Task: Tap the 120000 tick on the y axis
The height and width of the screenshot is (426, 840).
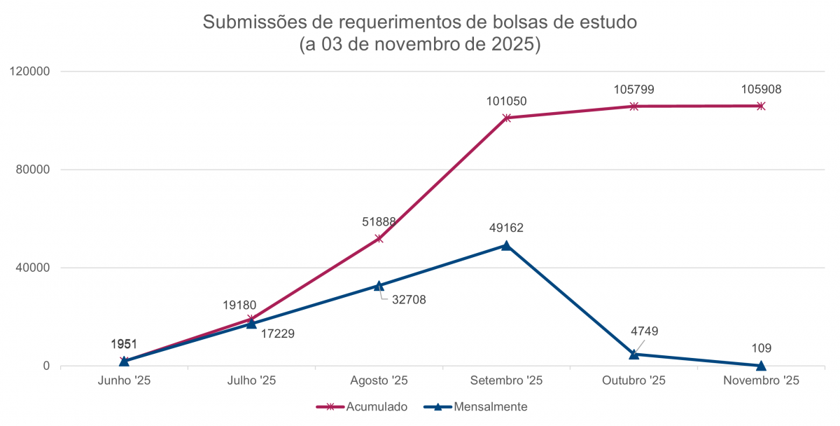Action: click(x=29, y=71)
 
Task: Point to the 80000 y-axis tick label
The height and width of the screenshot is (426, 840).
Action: click(x=32, y=170)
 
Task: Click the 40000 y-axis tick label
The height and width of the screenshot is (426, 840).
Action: click(x=32, y=268)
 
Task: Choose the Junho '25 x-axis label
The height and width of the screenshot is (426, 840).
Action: click(x=124, y=380)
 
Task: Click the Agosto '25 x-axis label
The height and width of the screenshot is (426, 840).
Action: click(x=379, y=380)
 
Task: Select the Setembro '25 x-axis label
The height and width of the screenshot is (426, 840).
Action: click(x=506, y=380)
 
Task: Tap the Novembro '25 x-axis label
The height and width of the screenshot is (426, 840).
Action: click(x=761, y=380)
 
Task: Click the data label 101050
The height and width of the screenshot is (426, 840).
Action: click(x=506, y=102)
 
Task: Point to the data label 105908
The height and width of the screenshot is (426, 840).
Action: click(x=761, y=90)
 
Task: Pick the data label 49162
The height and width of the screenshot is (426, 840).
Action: click(x=506, y=228)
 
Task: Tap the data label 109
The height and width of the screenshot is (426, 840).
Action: click(x=761, y=348)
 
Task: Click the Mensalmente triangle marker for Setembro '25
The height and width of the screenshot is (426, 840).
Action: click(x=506, y=245)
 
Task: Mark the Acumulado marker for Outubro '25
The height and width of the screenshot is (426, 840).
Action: click(x=633, y=106)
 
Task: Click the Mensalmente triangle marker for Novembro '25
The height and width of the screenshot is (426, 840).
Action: click(x=761, y=365)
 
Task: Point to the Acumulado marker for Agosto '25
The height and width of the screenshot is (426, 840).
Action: click(x=379, y=238)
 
